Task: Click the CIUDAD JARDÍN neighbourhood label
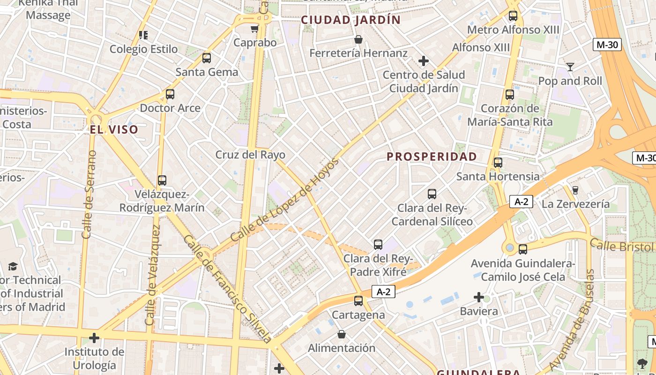(350, 20)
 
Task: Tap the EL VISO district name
(114, 130)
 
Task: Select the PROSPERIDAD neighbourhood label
(432, 157)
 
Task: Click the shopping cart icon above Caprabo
(254, 29)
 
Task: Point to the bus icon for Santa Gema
(207, 59)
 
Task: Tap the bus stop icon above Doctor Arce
(170, 94)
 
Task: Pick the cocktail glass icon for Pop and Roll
(570, 67)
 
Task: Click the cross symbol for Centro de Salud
(424, 61)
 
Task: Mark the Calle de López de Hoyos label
(284, 200)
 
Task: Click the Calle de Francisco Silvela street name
(227, 289)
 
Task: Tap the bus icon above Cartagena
(358, 301)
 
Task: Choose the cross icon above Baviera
(478, 297)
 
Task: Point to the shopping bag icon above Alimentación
(342, 334)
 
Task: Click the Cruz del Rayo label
(250, 155)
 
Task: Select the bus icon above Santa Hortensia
(498, 163)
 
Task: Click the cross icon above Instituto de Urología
(94, 337)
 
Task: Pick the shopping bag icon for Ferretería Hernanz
(358, 39)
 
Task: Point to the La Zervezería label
(575, 204)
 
